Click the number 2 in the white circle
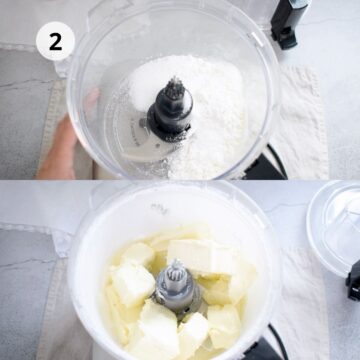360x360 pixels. pyautogui.click(x=55, y=41)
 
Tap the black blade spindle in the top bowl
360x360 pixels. pyautogui.click(x=171, y=109)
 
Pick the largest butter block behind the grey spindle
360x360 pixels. pyautogui.click(x=200, y=257)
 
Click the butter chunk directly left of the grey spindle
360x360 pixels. pyautogui.click(x=131, y=283)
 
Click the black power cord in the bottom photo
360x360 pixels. pyautogui.click(x=278, y=342)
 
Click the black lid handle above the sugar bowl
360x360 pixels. pyautogui.click(x=288, y=22)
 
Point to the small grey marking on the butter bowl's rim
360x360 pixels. pyautogui.click(x=159, y=208)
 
